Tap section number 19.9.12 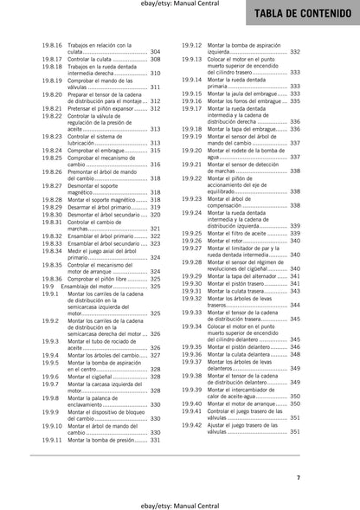(191, 44)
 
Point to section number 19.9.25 (191, 234)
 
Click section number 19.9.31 (191, 292)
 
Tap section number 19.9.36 (191, 354)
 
